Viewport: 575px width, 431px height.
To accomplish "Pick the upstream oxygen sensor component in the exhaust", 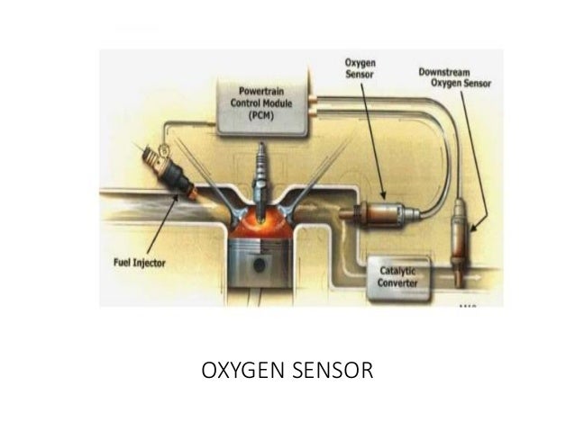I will tap(379, 213).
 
